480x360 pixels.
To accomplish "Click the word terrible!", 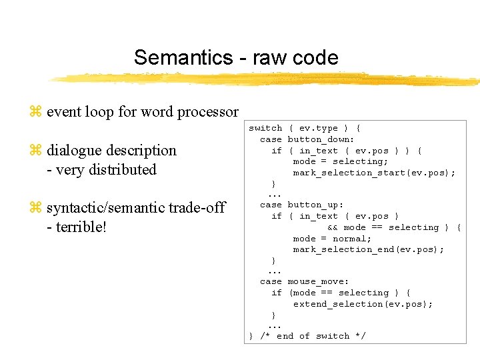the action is [82, 227].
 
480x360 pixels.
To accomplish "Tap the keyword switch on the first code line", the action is [265, 128].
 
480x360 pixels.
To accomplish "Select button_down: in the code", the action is [321, 139].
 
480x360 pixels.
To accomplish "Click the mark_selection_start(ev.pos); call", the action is [374, 173].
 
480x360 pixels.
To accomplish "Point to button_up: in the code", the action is [315, 205].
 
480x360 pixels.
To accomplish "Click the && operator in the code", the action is [333, 227].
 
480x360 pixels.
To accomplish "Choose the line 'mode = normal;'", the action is [332, 239].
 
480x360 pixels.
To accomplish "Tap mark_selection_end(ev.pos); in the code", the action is [368, 249].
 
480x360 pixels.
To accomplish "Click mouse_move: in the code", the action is [318, 282].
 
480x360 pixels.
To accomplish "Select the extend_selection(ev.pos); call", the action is [363, 304].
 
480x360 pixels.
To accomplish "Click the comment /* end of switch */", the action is [313, 336].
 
